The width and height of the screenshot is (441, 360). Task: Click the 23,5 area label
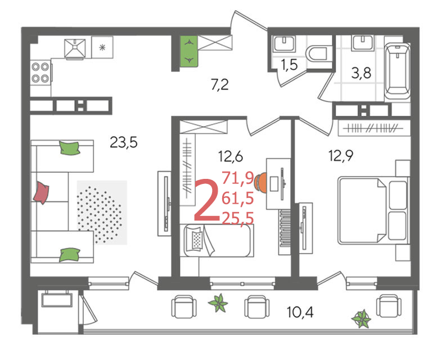pyautogui.click(x=124, y=142)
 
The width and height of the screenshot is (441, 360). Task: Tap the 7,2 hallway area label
pyautogui.click(x=220, y=84)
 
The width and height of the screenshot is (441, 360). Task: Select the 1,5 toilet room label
pyautogui.click(x=289, y=65)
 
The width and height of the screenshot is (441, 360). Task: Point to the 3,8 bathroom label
pyautogui.click(x=361, y=73)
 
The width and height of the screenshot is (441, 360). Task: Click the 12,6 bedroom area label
pyautogui.click(x=231, y=156)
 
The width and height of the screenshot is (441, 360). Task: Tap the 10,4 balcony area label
pyautogui.click(x=300, y=312)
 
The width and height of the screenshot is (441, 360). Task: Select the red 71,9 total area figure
pyautogui.click(x=238, y=178)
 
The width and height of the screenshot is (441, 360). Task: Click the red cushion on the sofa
pyautogui.click(x=41, y=192)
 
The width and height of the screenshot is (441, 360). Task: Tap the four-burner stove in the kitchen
pyautogui.click(x=40, y=73)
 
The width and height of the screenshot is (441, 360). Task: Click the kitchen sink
pyautogui.click(x=75, y=48)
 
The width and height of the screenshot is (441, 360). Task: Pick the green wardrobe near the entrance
pyautogui.click(x=189, y=51)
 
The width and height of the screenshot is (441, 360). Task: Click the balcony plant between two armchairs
pyautogui.click(x=218, y=303)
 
